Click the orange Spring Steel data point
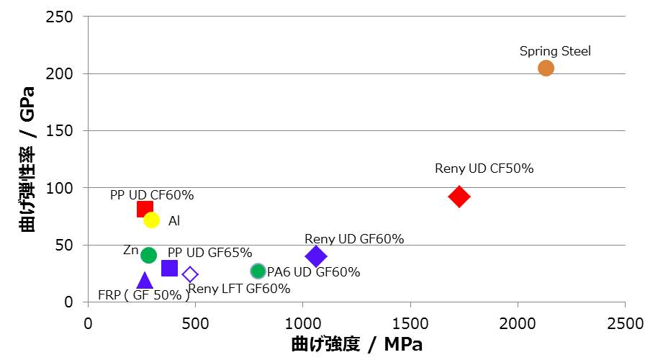pyautogui.click(x=546, y=68)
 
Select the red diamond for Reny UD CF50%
pyautogui.click(x=459, y=197)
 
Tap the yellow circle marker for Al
pyautogui.click(x=151, y=220)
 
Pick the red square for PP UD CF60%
pyautogui.click(x=145, y=209)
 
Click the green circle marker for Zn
pyautogui.click(x=148, y=255)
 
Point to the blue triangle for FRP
pyautogui.click(x=145, y=281)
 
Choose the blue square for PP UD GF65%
pyautogui.click(x=170, y=268)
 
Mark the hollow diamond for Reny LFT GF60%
pyautogui.click(x=190, y=274)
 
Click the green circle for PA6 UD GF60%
pyautogui.click(x=258, y=271)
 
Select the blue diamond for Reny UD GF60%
pyautogui.click(x=315, y=256)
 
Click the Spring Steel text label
pyautogui.click(x=555, y=51)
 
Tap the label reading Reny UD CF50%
pyautogui.click(x=484, y=168)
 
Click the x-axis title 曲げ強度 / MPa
pyautogui.click(x=356, y=344)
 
